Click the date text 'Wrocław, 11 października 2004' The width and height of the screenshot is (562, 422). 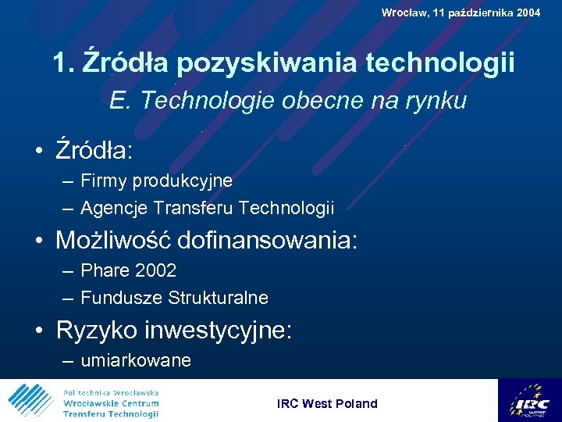(461, 13)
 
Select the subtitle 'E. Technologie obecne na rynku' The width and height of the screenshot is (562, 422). (288, 101)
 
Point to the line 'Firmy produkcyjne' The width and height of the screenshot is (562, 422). (156, 181)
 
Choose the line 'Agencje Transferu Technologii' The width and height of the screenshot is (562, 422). (207, 208)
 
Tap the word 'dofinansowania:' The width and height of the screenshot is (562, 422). (268, 240)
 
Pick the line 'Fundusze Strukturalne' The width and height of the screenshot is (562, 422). (174, 298)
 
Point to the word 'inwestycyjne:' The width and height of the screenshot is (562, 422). (219, 330)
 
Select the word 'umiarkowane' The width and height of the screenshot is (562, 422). (136, 360)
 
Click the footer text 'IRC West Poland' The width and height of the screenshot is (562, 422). (327, 403)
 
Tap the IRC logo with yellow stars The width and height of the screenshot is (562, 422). (528, 400)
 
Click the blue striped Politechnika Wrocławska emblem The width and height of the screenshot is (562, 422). (30, 401)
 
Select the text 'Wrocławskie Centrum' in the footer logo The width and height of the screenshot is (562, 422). (111, 403)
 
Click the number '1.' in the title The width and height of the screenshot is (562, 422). (65, 63)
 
